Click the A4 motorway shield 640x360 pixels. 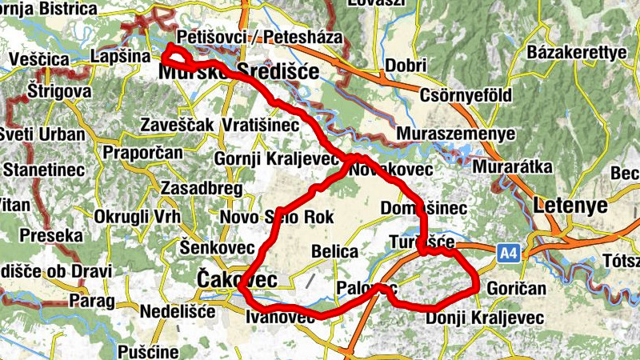(508, 254)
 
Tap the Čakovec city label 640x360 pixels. (237, 280)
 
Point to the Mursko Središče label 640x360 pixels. (238, 73)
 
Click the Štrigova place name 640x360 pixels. (58, 91)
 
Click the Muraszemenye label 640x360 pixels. (456, 134)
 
